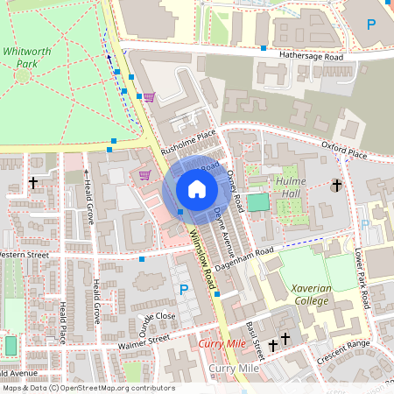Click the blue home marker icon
tap(196, 188)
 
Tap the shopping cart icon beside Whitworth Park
tap(149, 97)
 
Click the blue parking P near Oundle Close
tap(184, 290)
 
